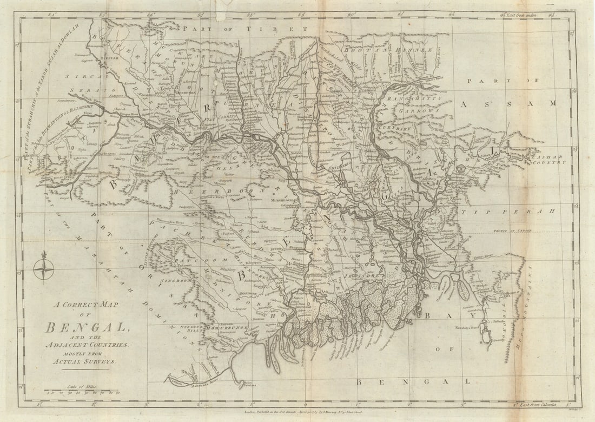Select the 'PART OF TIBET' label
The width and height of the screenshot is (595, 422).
tap(245, 28)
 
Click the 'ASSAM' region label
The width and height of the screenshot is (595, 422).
tap(508, 103)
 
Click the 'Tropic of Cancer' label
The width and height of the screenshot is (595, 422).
tap(512, 231)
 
